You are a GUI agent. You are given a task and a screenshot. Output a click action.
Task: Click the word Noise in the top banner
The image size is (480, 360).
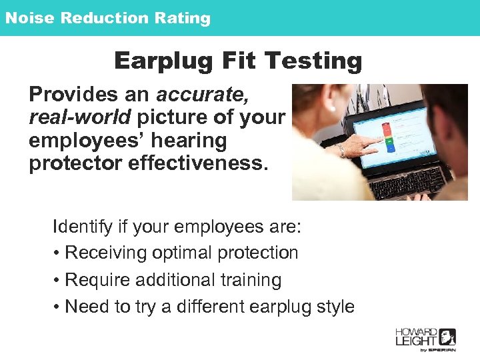pyautogui.click(x=29, y=18)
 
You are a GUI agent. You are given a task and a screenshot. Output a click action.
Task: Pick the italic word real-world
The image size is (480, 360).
pyautogui.click(x=80, y=117)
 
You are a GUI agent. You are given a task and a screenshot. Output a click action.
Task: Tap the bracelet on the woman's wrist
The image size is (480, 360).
pyautogui.click(x=341, y=151)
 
